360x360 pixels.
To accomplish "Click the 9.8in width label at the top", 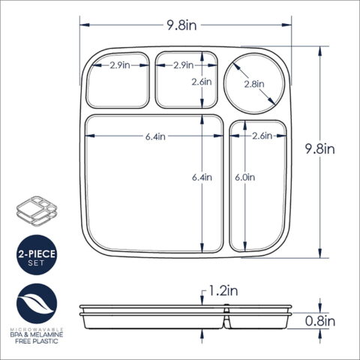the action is pyautogui.click(x=181, y=25).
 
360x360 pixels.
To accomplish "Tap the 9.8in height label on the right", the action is pyautogui.click(x=319, y=149).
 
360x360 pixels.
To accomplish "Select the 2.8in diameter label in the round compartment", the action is pyautogui.click(x=254, y=84).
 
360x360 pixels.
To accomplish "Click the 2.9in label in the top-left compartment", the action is pyautogui.click(x=120, y=65).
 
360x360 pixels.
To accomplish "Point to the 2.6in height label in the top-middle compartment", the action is pyautogui.click(x=202, y=82).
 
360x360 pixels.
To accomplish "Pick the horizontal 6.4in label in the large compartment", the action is pyautogui.click(x=155, y=136).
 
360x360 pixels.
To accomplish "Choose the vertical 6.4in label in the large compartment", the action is pyautogui.click(x=202, y=177).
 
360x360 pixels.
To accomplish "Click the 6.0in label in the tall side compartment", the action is pyautogui.click(x=245, y=177).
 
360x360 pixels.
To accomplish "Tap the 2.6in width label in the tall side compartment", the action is pyautogui.click(x=262, y=136).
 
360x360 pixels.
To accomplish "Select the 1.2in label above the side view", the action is pyautogui.click(x=223, y=291).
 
